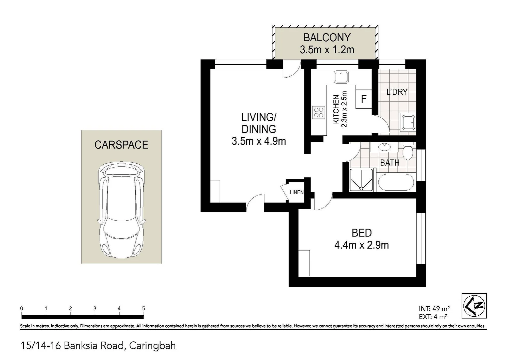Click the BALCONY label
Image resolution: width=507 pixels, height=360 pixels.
[x=327, y=37]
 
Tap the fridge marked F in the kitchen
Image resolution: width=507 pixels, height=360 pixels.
[x=364, y=99]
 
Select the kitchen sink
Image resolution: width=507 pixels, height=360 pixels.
[x=341, y=77]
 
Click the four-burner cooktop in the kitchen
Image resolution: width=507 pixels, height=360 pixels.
[x=318, y=112]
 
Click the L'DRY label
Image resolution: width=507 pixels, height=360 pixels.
[x=397, y=92]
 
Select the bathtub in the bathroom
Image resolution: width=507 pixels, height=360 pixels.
[x=396, y=182]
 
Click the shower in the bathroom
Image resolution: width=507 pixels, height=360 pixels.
[x=361, y=180]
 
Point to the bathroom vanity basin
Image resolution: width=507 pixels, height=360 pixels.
[x=385, y=147]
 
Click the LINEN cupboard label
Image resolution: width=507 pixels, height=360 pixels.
[x=296, y=192]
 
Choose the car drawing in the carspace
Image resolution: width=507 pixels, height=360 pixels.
[x=121, y=210]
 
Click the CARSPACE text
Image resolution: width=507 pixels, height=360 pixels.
[x=121, y=145]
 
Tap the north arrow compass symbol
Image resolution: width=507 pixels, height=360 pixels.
[x=474, y=306]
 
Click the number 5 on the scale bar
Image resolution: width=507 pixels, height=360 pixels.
[x=144, y=309]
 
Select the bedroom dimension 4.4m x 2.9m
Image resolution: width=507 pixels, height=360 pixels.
[x=361, y=245]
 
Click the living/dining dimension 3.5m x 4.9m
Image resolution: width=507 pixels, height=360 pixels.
[x=259, y=141]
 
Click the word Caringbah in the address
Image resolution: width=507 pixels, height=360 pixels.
[x=152, y=346]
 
